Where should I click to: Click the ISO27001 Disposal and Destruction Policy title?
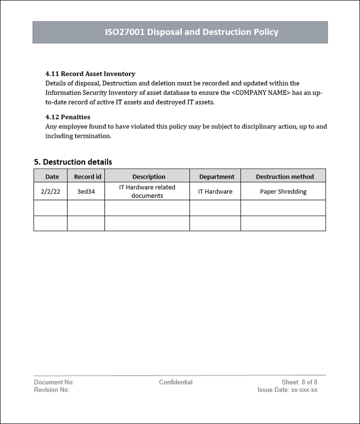tap(191, 32)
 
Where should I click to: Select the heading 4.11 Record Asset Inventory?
tap(90, 74)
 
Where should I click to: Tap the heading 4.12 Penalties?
tap(67, 117)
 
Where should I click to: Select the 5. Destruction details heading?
tap(73, 162)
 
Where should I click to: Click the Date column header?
tap(52, 177)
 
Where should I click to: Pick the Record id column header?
tap(87, 177)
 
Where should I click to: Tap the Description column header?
tap(148, 177)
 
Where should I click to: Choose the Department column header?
tap(216, 177)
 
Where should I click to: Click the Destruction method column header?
tap(284, 177)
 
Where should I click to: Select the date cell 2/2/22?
tap(50, 191)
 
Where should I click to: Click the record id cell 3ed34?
tap(86, 191)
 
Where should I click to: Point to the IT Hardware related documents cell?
tap(147, 191)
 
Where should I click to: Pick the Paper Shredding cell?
tap(283, 191)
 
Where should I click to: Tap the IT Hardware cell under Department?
tap(215, 191)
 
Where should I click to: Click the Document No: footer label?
tap(54, 383)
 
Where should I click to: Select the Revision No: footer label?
tap(51, 390)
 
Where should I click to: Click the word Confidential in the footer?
tap(175, 383)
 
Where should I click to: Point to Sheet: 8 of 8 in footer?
tap(299, 383)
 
